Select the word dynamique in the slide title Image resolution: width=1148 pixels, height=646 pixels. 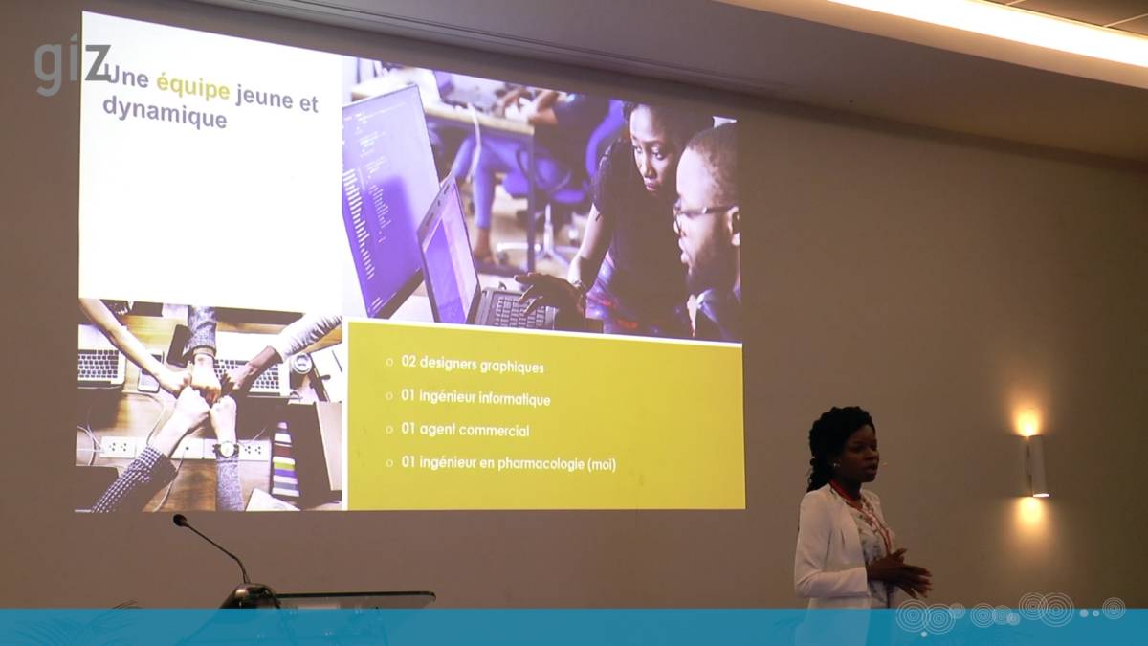point(165,113)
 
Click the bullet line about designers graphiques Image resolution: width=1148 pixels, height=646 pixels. point(465,364)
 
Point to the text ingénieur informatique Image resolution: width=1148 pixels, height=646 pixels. point(485,398)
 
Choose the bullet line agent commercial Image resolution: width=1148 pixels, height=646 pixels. point(465,430)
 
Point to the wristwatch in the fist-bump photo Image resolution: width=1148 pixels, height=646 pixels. point(227,450)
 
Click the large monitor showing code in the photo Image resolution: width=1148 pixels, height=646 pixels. point(390,200)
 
